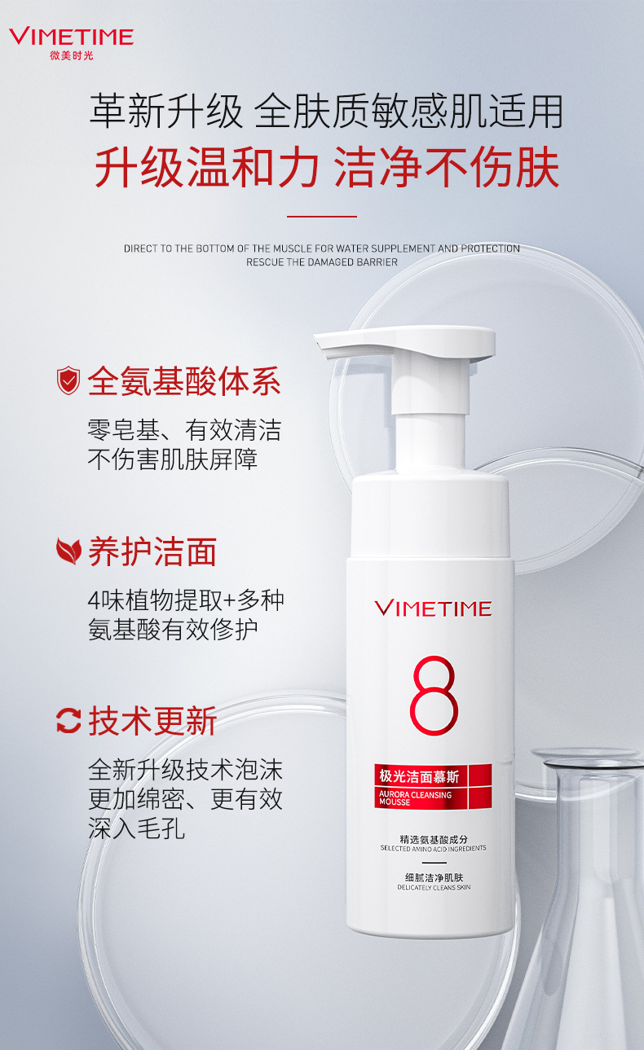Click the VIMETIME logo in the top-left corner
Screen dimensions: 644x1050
click(71, 37)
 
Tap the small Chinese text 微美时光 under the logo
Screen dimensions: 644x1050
click(72, 55)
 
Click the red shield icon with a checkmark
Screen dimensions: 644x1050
click(68, 380)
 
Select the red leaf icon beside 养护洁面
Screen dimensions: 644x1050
click(68, 551)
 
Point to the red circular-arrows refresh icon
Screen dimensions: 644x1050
click(68, 720)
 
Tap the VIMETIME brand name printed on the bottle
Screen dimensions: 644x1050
click(433, 608)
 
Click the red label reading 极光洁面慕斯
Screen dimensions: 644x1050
click(419, 776)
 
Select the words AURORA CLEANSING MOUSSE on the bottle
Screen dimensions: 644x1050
click(415, 798)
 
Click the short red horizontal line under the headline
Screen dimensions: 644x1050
click(322, 217)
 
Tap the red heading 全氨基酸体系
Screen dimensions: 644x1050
click(184, 380)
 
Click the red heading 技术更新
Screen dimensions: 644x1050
click(152, 721)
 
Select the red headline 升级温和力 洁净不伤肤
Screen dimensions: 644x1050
click(327, 167)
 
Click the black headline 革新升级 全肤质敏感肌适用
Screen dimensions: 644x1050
click(326, 111)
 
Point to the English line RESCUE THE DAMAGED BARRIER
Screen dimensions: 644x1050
click(322, 262)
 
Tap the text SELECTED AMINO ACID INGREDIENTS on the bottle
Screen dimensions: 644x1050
click(433, 849)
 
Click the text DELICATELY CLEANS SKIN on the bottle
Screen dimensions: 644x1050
click(434, 887)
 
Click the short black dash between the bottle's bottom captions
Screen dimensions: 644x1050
click(434, 863)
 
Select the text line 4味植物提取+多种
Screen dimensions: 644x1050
click(186, 600)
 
